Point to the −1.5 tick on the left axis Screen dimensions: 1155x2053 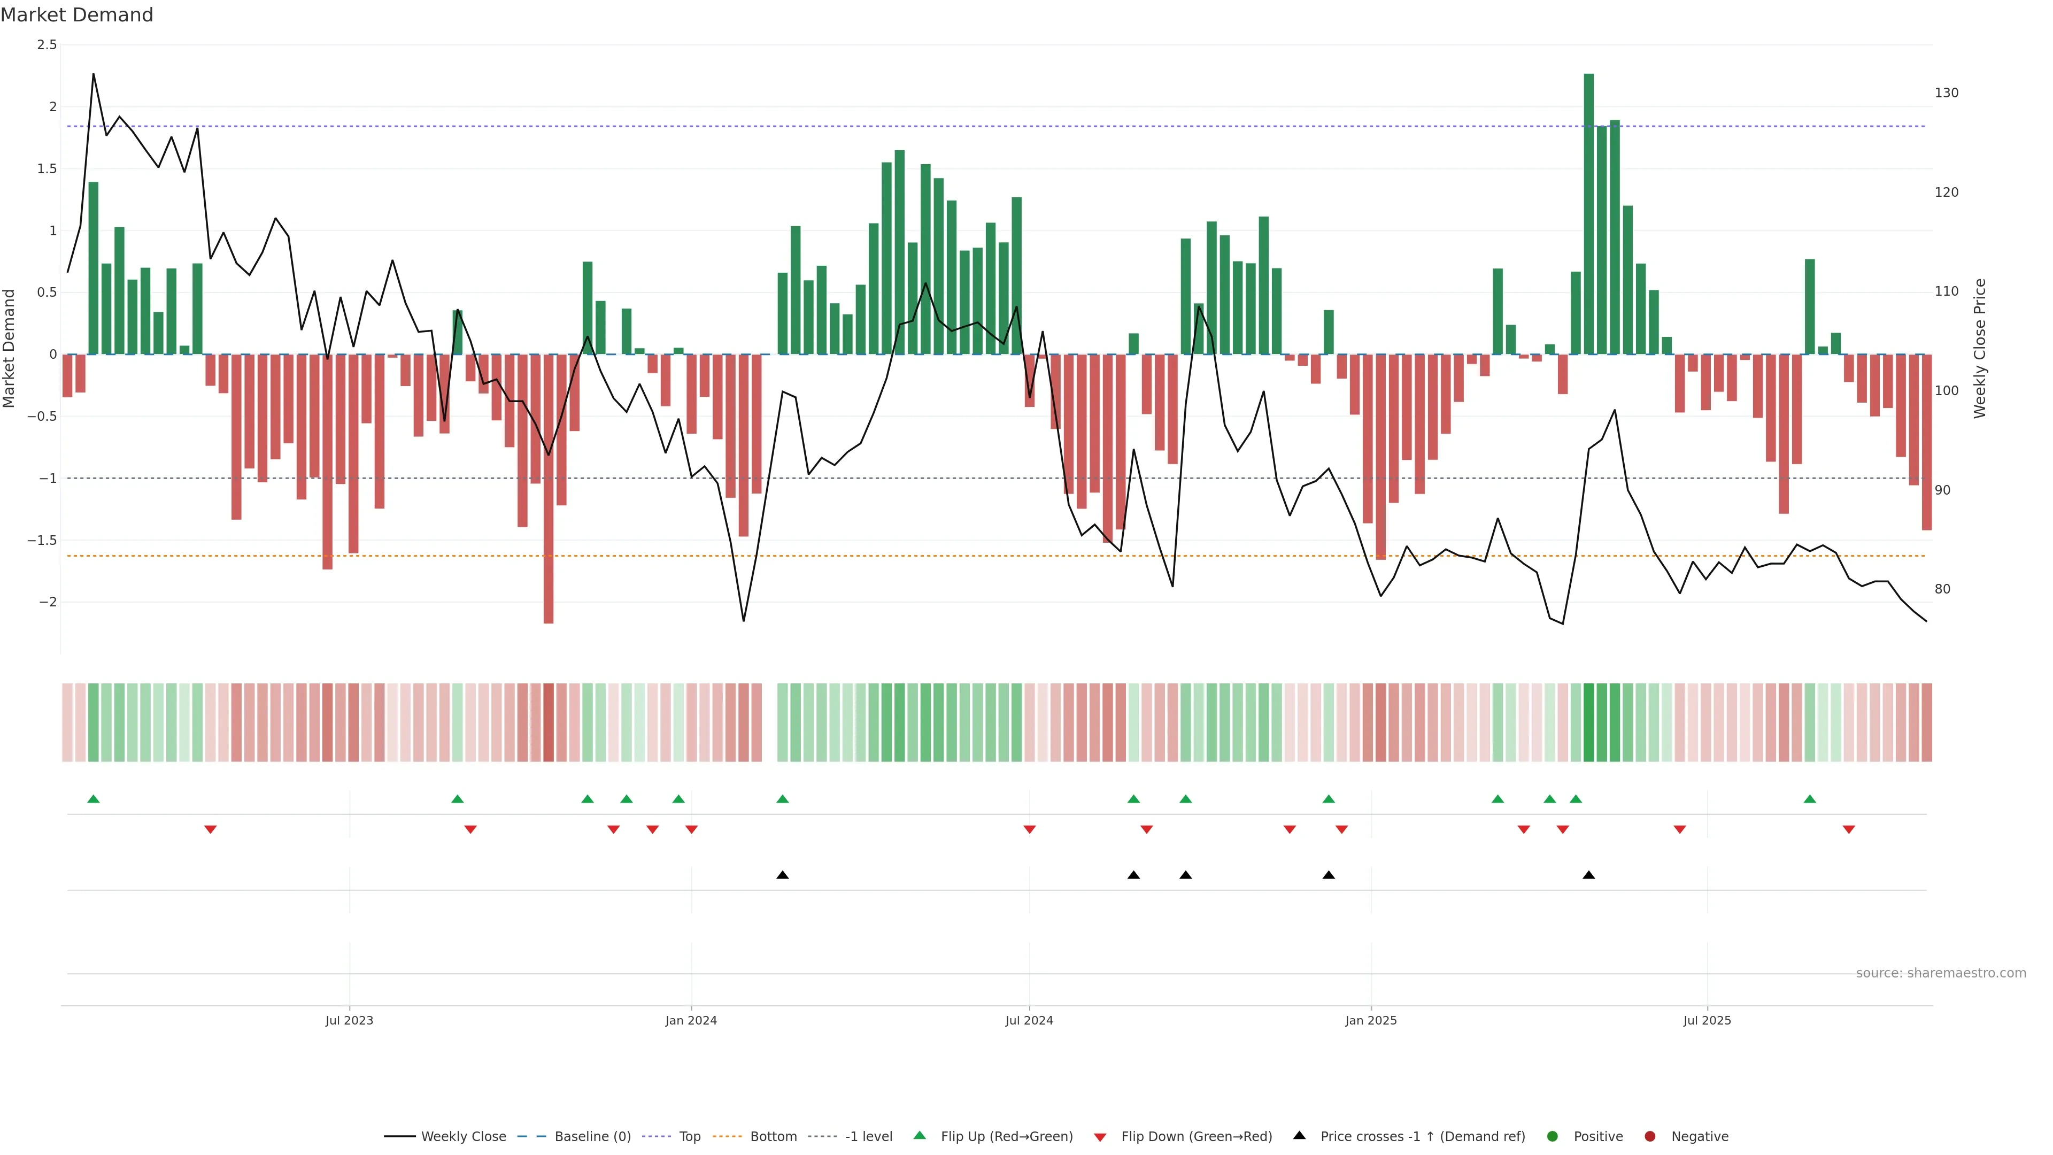click(x=42, y=541)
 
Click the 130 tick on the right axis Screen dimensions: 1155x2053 click(x=1946, y=93)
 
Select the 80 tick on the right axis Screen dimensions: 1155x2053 click(x=1943, y=590)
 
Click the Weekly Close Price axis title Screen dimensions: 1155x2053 click(x=1980, y=348)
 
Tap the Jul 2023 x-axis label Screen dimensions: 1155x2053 click(x=349, y=1020)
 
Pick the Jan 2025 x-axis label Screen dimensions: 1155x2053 click(x=1371, y=1020)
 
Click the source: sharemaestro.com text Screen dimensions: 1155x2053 click(x=1941, y=973)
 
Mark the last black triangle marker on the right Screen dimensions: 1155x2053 click(x=1588, y=875)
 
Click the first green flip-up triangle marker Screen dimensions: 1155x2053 click(x=93, y=799)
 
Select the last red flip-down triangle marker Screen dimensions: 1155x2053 click(x=1849, y=830)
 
